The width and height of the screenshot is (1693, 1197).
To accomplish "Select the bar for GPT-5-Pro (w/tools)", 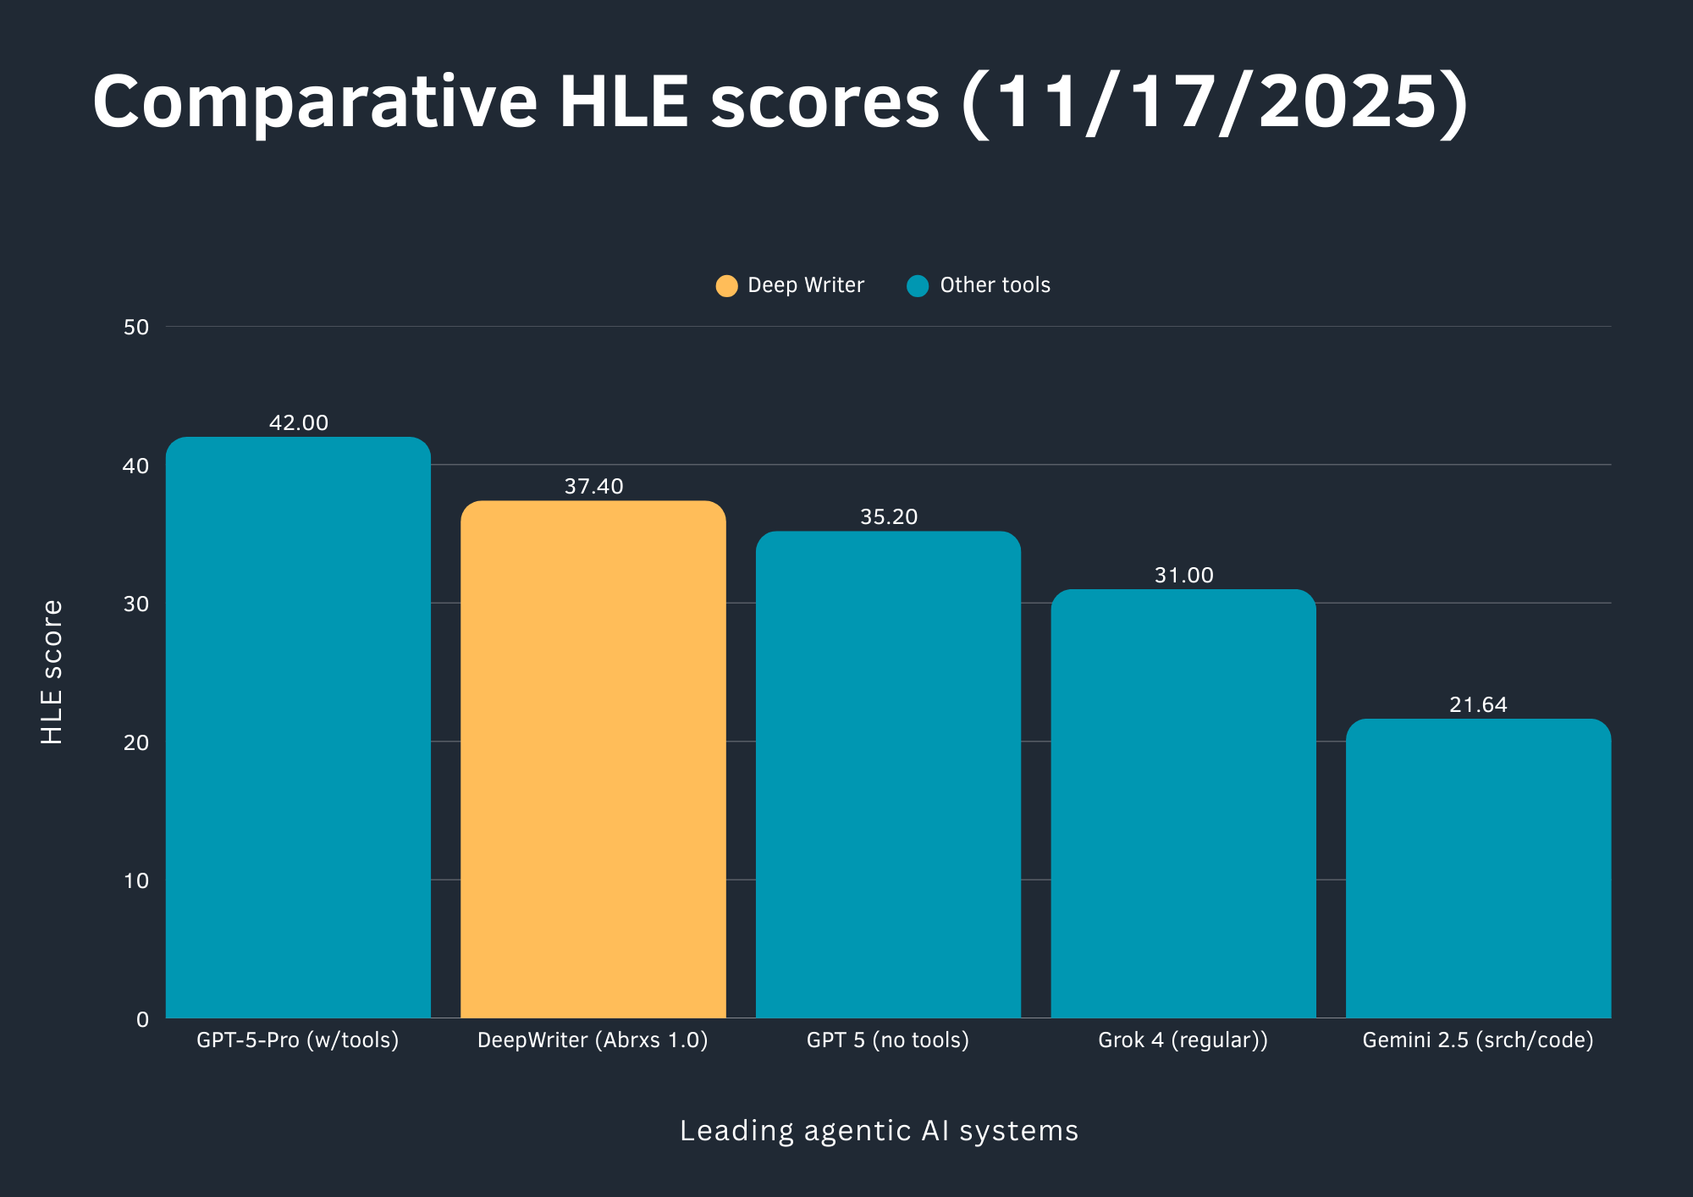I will (298, 728).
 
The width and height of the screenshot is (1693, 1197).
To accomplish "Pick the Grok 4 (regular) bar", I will (1183, 804).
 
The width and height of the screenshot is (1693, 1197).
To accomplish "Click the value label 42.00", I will (298, 422).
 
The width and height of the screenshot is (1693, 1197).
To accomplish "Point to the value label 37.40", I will (593, 486).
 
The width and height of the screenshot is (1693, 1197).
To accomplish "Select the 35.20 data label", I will (888, 516).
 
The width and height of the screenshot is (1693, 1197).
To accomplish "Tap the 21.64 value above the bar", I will (1478, 704).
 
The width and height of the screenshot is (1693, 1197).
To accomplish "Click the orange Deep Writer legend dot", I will (726, 286).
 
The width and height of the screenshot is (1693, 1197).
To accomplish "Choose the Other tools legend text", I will (995, 285).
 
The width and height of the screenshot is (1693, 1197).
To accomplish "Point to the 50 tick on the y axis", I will (136, 328).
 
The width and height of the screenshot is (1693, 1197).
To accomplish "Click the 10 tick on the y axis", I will (136, 880).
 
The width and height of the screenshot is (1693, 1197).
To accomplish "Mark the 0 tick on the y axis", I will (142, 1019).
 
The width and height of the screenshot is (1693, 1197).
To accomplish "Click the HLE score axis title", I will (52, 672).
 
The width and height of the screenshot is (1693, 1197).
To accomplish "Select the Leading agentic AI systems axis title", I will (879, 1131).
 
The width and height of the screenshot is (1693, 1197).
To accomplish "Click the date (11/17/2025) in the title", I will (1215, 102).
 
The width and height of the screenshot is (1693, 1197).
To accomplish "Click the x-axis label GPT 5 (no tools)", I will (887, 1040).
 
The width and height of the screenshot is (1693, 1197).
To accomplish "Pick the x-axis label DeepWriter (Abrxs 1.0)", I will (593, 1040).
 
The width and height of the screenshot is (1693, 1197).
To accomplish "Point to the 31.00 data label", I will (1183, 575).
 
